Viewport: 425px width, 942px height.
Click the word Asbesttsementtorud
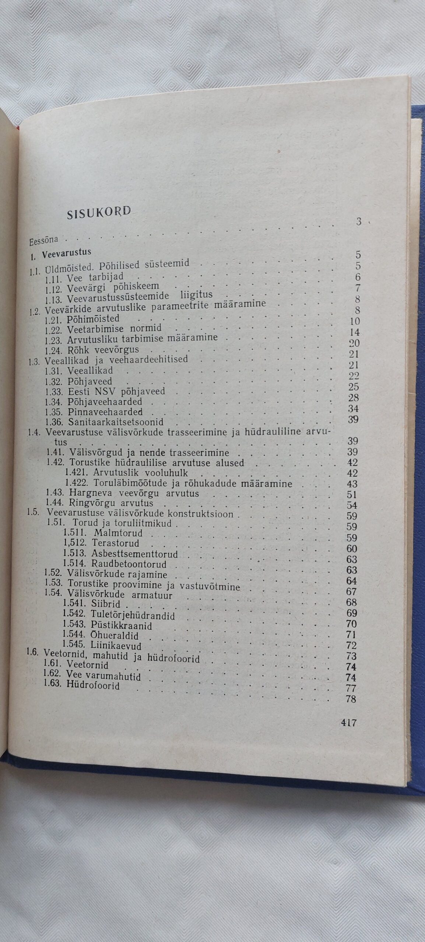coord(134,554)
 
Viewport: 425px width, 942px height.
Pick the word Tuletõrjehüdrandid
coord(133,615)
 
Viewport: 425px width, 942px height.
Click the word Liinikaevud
coord(116,645)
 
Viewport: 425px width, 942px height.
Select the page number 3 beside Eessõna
coord(358,222)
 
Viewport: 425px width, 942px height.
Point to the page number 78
coord(351,699)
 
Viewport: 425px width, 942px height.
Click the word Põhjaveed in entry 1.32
coord(89,382)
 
